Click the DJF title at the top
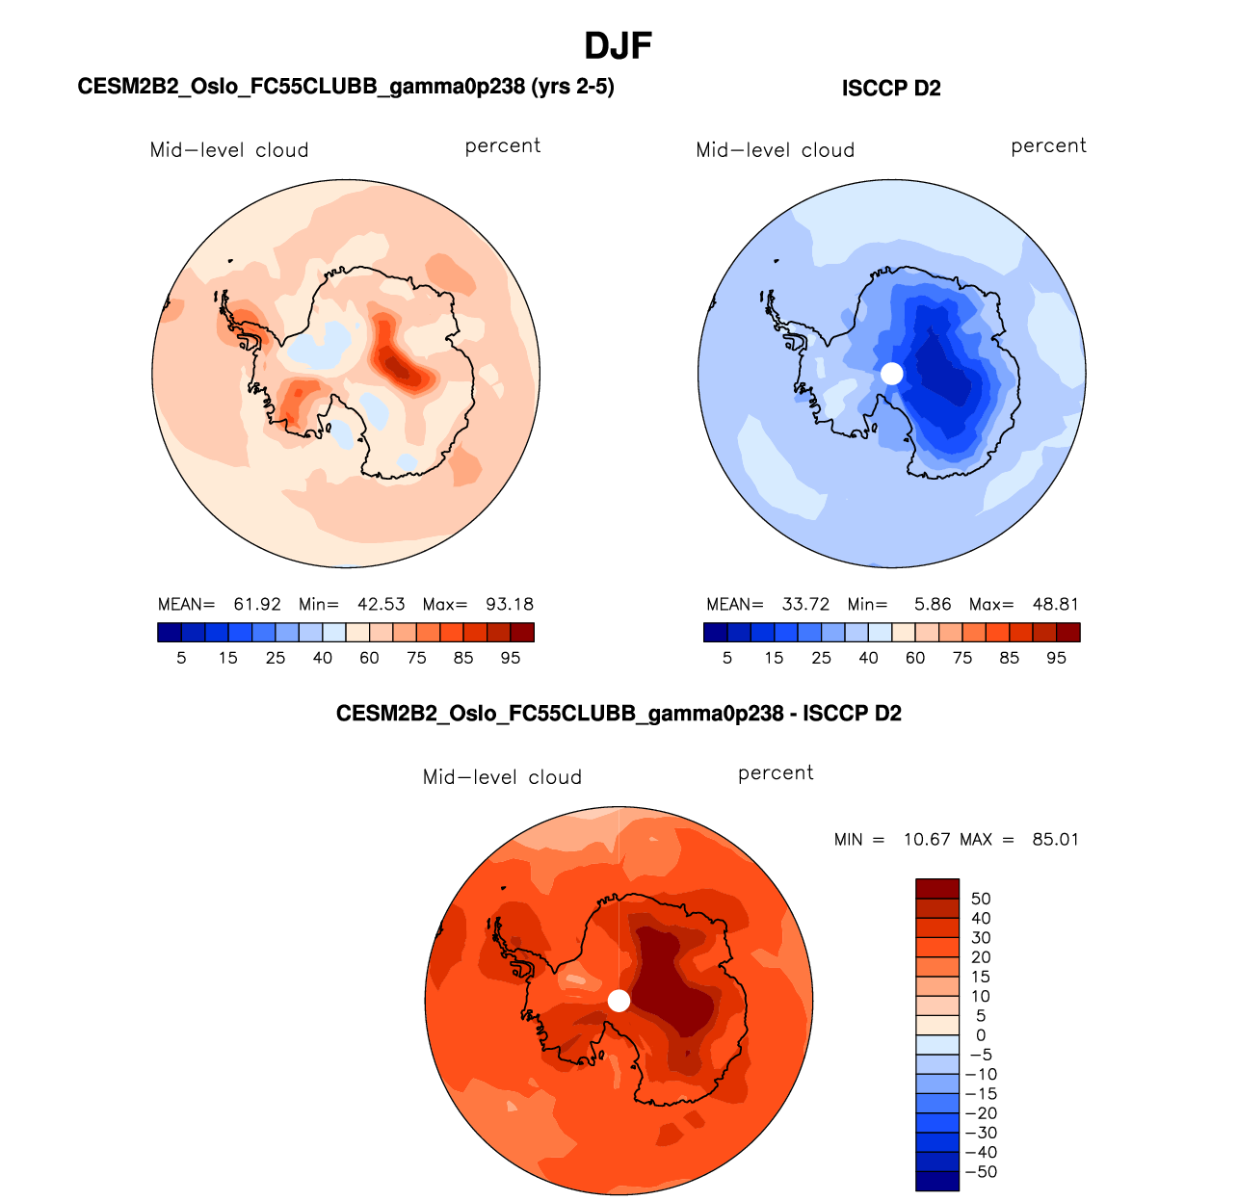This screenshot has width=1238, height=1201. tap(619, 45)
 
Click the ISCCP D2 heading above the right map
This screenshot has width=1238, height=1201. tap(891, 89)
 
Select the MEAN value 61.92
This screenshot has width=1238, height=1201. tap(257, 605)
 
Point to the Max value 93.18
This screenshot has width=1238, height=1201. tap(510, 605)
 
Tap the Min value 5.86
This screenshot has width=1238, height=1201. tap(933, 605)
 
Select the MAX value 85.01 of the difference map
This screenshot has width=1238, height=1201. tap(1055, 840)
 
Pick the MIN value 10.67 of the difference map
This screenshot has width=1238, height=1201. tap(927, 840)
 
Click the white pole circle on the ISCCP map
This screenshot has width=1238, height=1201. tap(892, 374)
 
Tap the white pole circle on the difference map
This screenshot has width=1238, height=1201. tap(619, 1001)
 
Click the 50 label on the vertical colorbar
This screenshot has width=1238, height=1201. tap(981, 899)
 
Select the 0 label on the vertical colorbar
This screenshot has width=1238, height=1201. tap(981, 1035)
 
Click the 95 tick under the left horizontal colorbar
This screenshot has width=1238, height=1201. tap(511, 658)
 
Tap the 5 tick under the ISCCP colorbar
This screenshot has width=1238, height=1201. tap(727, 658)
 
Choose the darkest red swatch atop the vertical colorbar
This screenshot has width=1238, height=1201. tap(936, 888)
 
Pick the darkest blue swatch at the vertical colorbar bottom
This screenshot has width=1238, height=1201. tap(936, 1182)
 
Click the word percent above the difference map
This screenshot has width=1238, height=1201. tap(776, 773)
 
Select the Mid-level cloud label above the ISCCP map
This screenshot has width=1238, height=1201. tap(776, 150)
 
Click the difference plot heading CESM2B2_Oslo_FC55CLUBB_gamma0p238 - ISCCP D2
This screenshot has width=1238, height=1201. tap(619, 714)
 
